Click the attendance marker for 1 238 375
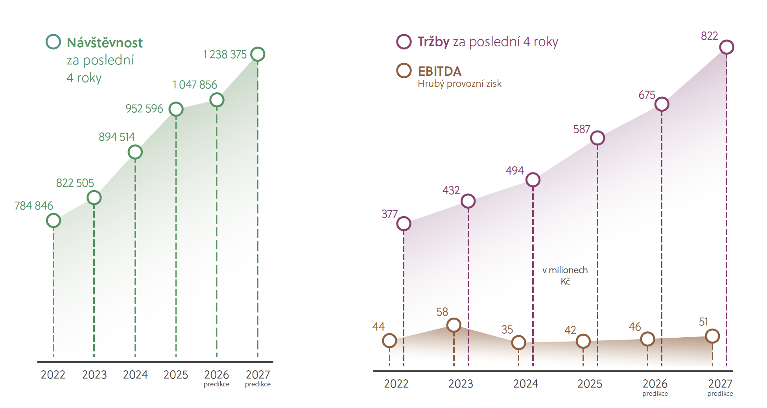tap(258, 54)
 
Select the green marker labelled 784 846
tap(53, 221)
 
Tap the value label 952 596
tap(144, 108)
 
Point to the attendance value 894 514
tap(116, 137)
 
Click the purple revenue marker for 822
tap(726, 47)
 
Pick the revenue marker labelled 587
tap(597, 138)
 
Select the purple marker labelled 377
tap(404, 224)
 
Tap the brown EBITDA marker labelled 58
tap(454, 325)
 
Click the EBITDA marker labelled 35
tap(518, 342)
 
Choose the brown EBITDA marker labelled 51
tap(712, 336)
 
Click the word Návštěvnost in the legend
tap(105, 42)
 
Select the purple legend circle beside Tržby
tap(404, 42)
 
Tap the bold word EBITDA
tap(439, 71)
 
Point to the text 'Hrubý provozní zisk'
tap(459, 84)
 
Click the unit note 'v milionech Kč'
tap(565, 276)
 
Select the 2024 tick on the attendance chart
tap(135, 375)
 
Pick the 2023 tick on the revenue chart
tap(461, 384)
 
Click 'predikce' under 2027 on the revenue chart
tap(720, 393)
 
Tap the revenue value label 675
tap(646, 95)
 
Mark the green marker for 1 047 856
tap(217, 100)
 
